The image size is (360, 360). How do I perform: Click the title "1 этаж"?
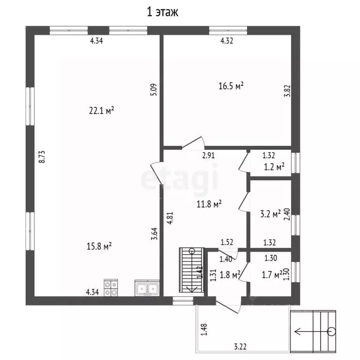[163, 12]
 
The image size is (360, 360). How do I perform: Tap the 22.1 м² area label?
[101, 111]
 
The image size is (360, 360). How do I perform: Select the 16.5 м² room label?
[231, 86]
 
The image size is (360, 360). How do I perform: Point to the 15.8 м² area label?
[99, 246]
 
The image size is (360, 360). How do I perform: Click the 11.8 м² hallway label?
[209, 203]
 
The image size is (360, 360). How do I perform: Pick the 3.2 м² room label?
[270, 214]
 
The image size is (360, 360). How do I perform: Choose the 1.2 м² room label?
[274, 167]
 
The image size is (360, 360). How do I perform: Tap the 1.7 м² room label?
[272, 275]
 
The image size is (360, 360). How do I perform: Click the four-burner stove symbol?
[111, 288]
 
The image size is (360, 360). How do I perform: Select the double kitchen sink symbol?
[147, 288]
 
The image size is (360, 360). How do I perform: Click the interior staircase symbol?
[192, 270]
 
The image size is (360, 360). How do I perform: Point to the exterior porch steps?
[313, 331]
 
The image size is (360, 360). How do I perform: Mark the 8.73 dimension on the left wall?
[42, 157]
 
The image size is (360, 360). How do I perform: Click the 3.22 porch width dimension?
[240, 346]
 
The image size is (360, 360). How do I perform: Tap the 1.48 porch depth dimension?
[204, 330]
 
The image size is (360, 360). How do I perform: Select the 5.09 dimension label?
[154, 90]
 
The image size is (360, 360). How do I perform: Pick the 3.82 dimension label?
[287, 91]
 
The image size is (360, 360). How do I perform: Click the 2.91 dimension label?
[209, 156]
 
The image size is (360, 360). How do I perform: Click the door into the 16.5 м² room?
[193, 143]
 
